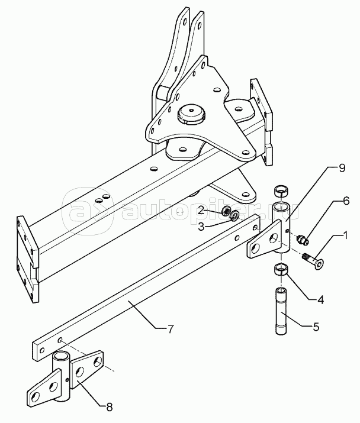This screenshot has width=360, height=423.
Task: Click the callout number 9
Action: pos(342,168)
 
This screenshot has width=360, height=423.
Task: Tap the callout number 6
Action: pos(346,201)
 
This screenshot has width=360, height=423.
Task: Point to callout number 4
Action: pos(320,300)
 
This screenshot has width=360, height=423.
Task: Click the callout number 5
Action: pos(316,327)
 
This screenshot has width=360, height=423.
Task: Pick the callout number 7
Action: pos(170,329)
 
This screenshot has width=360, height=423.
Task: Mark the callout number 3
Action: pos(201,227)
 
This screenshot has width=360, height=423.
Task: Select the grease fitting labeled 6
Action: pos(303,240)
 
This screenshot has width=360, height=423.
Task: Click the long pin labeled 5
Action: pos(282,311)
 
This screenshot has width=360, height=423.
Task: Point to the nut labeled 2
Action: pos(226,211)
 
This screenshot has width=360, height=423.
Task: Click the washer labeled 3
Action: pos(234,215)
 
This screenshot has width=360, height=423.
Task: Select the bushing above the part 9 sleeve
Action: pos(282,192)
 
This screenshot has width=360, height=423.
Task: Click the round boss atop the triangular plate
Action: pos(191,114)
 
